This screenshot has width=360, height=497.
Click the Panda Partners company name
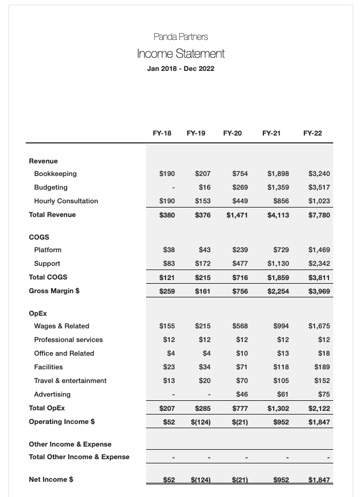click(180, 37)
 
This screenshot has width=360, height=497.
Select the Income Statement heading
click(180, 54)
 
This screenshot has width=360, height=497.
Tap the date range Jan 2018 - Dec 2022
click(180, 69)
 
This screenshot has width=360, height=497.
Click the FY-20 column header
click(232, 133)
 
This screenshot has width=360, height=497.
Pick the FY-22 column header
click(312, 133)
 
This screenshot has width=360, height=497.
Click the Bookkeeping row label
click(55, 174)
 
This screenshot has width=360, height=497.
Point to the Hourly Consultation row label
click(66, 201)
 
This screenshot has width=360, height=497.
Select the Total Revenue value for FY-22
click(319, 215)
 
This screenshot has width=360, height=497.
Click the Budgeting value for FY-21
click(278, 188)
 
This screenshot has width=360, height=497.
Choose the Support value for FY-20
click(240, 264)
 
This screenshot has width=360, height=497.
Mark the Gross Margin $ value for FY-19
click(202, 291)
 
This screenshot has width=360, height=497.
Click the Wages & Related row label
click(61, 326)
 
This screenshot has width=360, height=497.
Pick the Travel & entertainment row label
click(70, 381)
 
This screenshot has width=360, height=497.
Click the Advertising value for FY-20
click(242, 395)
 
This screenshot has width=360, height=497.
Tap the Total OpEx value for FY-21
click(278, 408)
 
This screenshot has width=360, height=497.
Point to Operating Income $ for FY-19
click(200, 422)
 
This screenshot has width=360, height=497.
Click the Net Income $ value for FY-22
click(319, 480)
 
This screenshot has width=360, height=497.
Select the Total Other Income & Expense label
click(79, 457)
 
